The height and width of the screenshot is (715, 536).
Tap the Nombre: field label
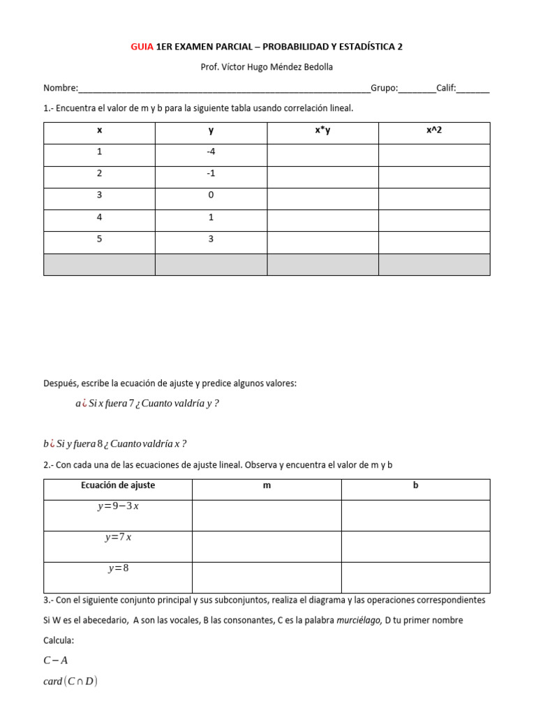tap(61, 88)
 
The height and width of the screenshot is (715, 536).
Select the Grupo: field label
tap(384, 88)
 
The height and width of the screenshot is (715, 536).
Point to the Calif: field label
tap(447, 88)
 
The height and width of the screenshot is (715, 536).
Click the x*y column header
tap(322, 131)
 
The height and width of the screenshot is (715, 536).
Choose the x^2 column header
tap(434, 131)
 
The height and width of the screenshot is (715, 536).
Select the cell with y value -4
tap(211, 152)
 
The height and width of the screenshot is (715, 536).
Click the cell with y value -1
tap(211, 174)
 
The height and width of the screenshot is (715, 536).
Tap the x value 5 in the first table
tap(99, 239)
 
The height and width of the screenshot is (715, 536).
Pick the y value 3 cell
tap(211, 239)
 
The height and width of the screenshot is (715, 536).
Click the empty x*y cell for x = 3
tap(322, 196)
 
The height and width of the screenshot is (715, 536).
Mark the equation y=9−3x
tap(118, 506)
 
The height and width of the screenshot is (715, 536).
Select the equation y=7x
tap(118, 538)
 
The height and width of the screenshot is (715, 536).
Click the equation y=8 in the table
tap(118, 568)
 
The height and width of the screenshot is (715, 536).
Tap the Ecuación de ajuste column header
tap(118, 485)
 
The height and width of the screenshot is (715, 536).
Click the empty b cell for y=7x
tap(415, 546)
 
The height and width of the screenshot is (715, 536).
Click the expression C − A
tap(55, 660)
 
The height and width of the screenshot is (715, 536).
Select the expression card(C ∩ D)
tap(70, 681)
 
